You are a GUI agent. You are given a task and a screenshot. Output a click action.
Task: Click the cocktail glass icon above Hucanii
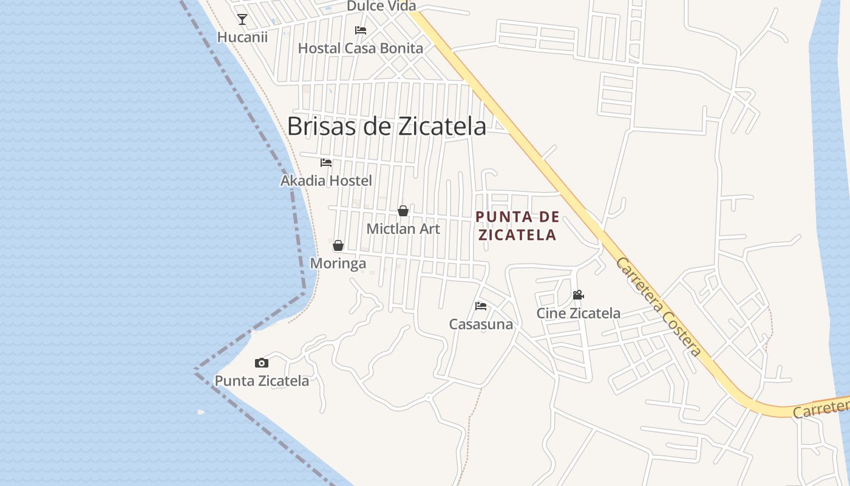[242, 19]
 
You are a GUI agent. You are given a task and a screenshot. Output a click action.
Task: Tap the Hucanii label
[242, 37]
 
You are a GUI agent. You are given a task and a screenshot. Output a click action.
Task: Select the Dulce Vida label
[381, 6]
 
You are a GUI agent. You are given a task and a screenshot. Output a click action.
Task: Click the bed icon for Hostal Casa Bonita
[361, 30]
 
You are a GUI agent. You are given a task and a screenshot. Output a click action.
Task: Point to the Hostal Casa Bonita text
[361, 48]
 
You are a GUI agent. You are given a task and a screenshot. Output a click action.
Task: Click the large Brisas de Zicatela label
[387, 126]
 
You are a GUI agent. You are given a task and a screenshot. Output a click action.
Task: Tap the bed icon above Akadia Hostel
[326, 163]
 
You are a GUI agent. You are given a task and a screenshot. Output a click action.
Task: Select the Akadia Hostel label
[326, 180]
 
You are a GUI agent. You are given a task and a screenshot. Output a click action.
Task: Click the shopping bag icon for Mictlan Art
[403, 211]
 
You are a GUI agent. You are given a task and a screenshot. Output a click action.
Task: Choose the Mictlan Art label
[403, 229]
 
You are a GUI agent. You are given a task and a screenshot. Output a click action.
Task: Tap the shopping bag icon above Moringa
[338, 245]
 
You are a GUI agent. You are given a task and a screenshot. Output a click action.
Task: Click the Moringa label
[338, 263]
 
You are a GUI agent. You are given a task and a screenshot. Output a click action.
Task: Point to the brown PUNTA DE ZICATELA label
[517, 226]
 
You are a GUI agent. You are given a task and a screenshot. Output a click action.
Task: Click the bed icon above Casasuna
[481, 306]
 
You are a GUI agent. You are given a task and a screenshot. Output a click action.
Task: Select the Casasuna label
[481, 324]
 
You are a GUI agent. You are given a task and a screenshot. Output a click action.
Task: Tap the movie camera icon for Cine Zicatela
[578, 295]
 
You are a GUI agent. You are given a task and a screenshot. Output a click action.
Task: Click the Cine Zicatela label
[578, 313]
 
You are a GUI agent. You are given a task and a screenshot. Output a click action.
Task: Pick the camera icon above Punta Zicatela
[262, 363]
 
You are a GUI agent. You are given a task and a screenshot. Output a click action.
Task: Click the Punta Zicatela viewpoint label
[262, 381]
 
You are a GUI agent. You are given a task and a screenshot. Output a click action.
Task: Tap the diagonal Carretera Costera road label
[659, 307]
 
